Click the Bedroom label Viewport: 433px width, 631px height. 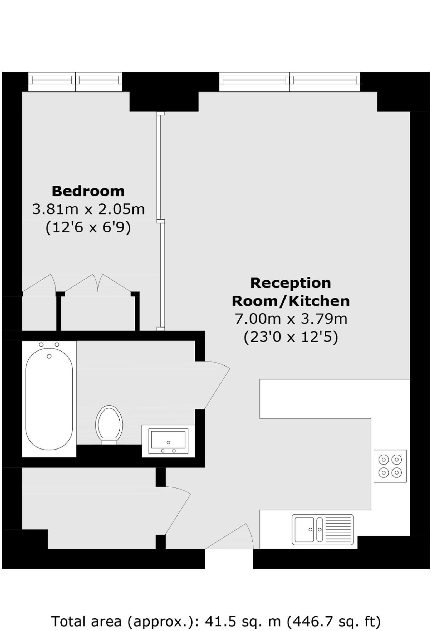click(88, 191)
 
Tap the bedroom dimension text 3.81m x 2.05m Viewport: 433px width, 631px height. click(88, 209)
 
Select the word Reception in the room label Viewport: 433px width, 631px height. click(291, 283)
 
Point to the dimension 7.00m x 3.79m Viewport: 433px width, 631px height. click(291, 319)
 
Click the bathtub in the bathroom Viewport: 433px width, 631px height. click(49, 399)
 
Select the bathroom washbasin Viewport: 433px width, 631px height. click(168, 441)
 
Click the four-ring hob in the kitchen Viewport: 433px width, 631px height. click(390, 466)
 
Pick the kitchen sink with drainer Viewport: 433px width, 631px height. click(322, 529)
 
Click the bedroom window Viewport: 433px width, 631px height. click(75, 81)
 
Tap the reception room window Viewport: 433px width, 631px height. click(290, 81)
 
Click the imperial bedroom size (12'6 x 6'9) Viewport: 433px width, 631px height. click(88, 227)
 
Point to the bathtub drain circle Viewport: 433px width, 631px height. click(49, 356)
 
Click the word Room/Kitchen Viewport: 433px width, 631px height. click(291, 301)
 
